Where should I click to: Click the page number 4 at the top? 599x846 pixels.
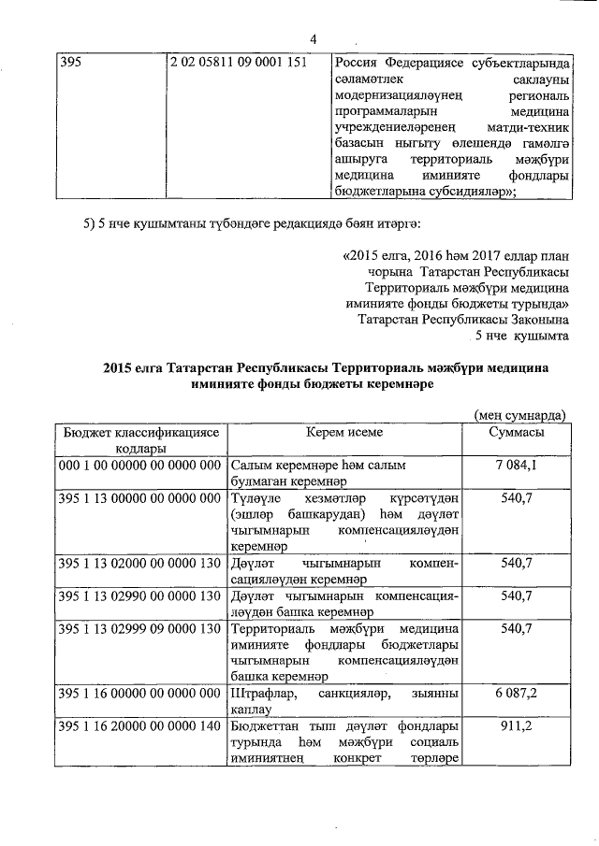(x=313, y=38)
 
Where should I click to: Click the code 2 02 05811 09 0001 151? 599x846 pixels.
(x=238, y=63)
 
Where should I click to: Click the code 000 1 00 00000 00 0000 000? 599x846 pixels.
(x=139, y=465)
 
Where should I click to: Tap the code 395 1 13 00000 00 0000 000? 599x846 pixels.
(x=139, y=497)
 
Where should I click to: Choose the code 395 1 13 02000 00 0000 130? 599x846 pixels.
(x=139, y=564)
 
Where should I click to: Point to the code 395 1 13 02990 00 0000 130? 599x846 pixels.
(x=139, y=595)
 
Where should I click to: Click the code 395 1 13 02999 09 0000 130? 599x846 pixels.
(x=139, y=628)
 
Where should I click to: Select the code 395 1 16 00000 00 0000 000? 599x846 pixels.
(x=139, y=695)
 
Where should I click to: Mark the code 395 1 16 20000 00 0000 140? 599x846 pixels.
(x=139, y=726)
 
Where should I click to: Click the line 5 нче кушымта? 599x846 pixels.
(x=521, y=335)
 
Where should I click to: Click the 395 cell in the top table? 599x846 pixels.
(x=71, y=63)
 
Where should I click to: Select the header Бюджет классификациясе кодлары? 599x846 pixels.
(x=139, y=440)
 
